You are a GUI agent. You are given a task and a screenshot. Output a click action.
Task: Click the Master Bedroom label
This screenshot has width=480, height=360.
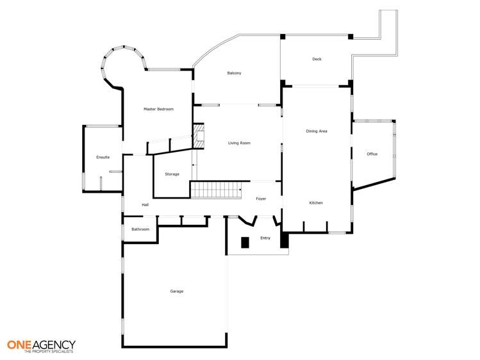pyautogui.click(x=158, y=110)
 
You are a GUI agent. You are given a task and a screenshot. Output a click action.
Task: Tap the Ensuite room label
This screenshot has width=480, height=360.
pyautogui.click(x=103, y=157)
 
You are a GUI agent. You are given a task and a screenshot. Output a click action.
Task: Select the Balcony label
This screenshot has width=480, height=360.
pyautogui.click(x=234, y=73)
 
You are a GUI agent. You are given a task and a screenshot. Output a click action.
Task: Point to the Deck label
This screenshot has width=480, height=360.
pyautogui.click(x=317, y=59)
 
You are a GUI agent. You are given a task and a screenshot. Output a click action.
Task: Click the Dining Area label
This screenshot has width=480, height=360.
pyautogui.click(x=317, y=131)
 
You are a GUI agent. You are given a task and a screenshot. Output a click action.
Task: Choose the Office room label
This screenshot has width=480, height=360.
pyautogui.click(x=372, y=154)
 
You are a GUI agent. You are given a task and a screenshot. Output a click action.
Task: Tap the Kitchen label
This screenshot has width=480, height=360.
pyautogui.click(x=316, y=203)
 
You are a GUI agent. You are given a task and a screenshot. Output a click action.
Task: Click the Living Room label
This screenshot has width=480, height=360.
pyautogui.click(x=239, y=143)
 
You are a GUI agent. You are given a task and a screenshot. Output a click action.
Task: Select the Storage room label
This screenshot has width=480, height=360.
pyautogui.click(x=172, y=174)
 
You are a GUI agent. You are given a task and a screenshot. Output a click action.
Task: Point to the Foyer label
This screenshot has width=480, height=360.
pyautogui.click(x=261, y=199)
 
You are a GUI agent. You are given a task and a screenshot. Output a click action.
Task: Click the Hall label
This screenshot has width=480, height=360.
pyautogui.click(x=145, y=205)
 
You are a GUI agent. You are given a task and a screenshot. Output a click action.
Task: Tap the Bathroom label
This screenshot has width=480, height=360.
pyautogui.click(x=140, y=229)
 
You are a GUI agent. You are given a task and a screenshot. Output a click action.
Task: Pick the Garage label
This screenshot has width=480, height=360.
pyautogui.click(x=177, y=291)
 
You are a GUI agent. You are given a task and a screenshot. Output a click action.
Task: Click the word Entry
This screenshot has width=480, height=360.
pyautogui.click(x=265, y=238)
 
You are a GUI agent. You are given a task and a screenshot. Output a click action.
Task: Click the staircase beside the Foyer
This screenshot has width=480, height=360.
pyautogui.click(x=215, y=190)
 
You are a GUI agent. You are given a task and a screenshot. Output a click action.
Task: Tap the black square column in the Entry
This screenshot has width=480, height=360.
pyautogui.click(x=245, y=242)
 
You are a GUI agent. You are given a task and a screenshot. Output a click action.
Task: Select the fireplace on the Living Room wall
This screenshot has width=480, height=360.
pyautogui.click(x=199, y=136)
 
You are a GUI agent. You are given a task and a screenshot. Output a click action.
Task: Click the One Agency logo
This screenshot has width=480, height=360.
pyautogui.click(x=41, y=345)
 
